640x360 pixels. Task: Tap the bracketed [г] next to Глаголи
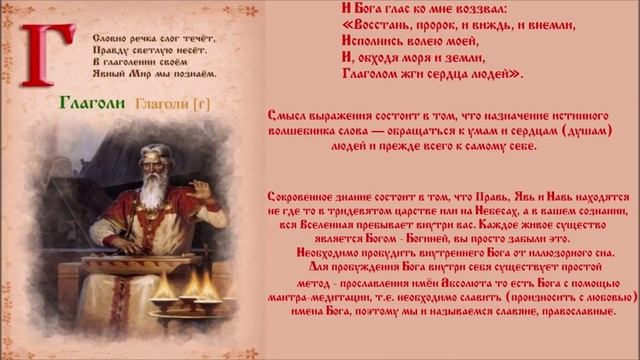(197, 102)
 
